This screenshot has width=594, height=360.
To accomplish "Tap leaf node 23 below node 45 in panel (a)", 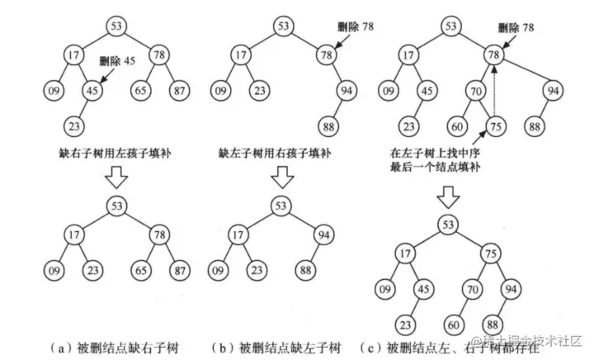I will pos(75,126).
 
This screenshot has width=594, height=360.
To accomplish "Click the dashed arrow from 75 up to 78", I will pos(493,95).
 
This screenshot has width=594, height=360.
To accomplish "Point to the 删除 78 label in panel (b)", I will pos(356,27).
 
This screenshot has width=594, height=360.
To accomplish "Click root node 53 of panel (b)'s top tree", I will pos(283,26).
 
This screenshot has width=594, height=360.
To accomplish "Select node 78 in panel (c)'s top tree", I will pos(493,55).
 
